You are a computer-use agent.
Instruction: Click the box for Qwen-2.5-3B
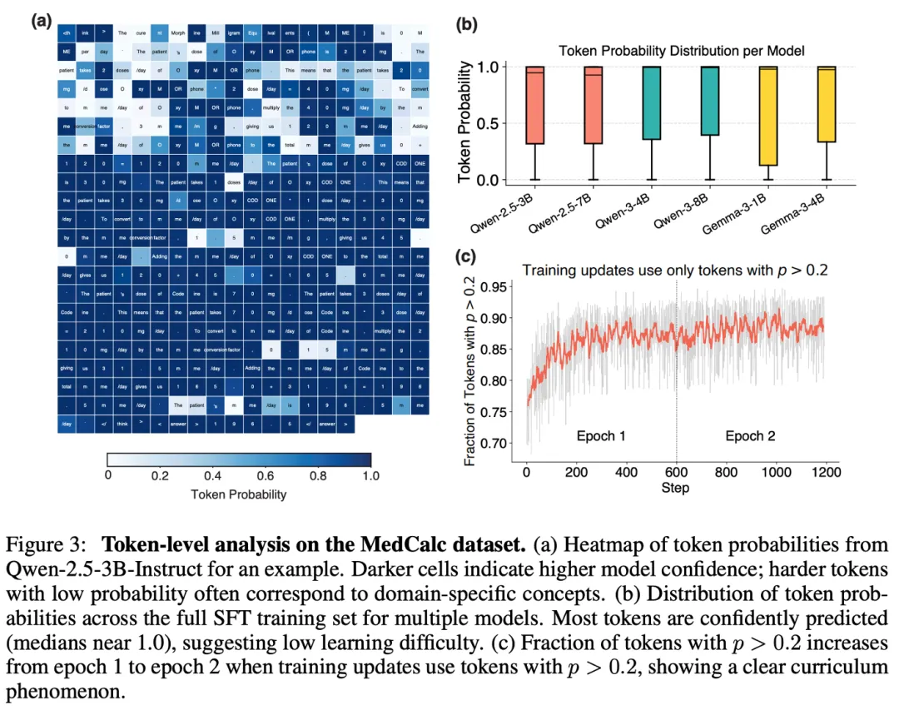click(x=534, y=105)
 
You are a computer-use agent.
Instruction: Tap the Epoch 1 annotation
click(x=601, y=436)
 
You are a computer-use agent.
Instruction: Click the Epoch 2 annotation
click(x=750, y=436)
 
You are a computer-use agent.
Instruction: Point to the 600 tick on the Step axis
click(x=675, y=472)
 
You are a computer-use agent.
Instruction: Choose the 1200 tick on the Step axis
click(x=824, y=472)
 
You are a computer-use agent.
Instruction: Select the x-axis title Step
click(x=675, y=487)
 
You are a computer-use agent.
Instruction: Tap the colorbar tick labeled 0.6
click(x=266, y=476)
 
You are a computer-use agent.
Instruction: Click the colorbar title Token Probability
click(x=239, y=494)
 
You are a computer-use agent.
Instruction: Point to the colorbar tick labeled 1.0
click(x=370, y=476)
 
